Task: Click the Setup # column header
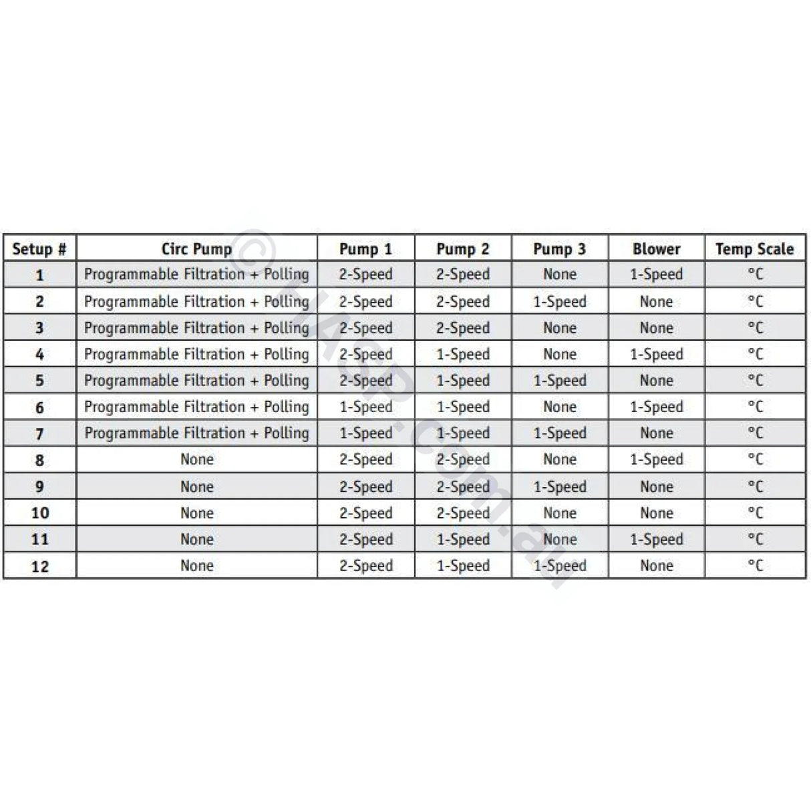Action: click(x=39, y=249)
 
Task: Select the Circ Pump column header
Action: click(x=196, y=249)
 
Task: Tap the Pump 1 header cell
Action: click(x=365, y=249)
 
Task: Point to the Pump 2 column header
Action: click(x=462, y=249)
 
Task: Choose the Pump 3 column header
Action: click(x=559, y=249)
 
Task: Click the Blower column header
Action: click(x=656, y=249)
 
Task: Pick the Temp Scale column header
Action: click(x=754, y=249)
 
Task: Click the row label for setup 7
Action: click(x=39, y=434)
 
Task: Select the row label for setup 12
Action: click(x=39, y=566)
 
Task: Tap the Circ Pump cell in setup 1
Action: click(x=196, y=275)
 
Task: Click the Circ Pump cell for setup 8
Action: click(x=196, y=460)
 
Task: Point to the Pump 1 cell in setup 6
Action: click(x=365, y=407)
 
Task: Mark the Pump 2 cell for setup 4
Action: click(x=462, y=354)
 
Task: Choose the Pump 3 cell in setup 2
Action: click(x=559, y=301)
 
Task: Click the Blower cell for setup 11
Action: click(x=656, y=539)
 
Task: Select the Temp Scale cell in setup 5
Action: click(x=754, y=381)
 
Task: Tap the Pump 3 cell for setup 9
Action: click(x=559, y=486)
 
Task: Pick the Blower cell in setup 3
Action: click(x=656, y=328)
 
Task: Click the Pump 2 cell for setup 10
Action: click(x=462, y=513)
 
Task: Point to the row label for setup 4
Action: click(x=39, y=354)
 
